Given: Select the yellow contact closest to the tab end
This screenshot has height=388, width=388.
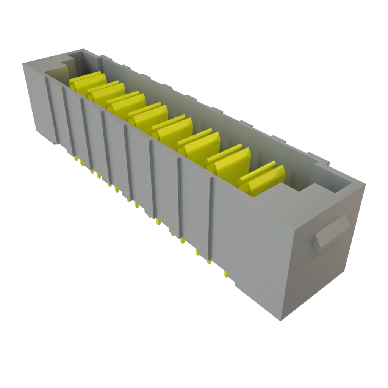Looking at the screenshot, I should pyautogui.click(x=262, y=180).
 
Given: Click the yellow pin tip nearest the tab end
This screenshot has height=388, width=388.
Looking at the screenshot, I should pyautogui.click(x=225, y=274).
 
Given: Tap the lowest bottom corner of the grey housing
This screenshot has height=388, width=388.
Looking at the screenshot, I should pyautogui.click(x=280, y=320).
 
